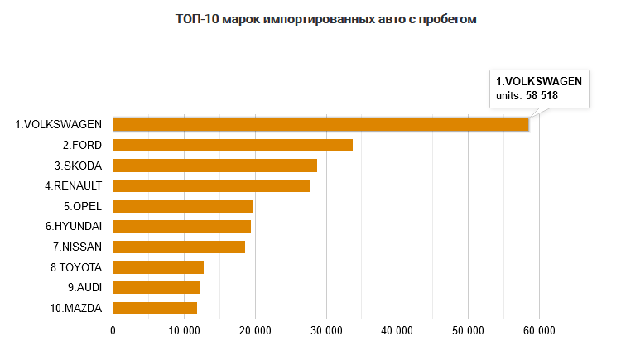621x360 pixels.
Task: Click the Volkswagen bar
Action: pyautogui.click(x=320, y=125)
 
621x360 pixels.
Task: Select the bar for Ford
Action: pyautogui.click(x=233, y=146)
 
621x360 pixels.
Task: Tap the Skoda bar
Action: pyautogui.click(x=215, y=166)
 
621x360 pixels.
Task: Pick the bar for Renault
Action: pyautogui.click(x=211, y=186)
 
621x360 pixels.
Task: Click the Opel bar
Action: pyautogui.click(x=183, y=206)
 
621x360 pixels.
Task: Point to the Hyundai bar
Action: pyautogui.click(x=182, y=227)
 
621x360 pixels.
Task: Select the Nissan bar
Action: pyautogui.click(x=179, y=247)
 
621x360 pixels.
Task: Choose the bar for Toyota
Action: pyautogui.click(x=158, y=267)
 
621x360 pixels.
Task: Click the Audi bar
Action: pyautogui.click(x=156, y=288)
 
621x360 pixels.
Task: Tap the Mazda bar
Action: pyautogui.click(x=155, y=308)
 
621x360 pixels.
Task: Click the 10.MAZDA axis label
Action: pyautogui.click(x=75, y=308)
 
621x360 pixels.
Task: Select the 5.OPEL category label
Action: pyautogui.click(x=82, y=206)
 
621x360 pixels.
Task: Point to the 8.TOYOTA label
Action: pyautogui.click(x=76, y=267)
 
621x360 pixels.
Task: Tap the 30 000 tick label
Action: pyautogui.click(x=325, y=330)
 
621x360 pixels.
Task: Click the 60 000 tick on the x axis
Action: pyautogui.click(x=539, y=330)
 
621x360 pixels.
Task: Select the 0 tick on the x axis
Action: pyautogui.click(x=113, y=330)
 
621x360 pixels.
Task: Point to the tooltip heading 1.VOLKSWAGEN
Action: pyautogui.click(x=539, y=81)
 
